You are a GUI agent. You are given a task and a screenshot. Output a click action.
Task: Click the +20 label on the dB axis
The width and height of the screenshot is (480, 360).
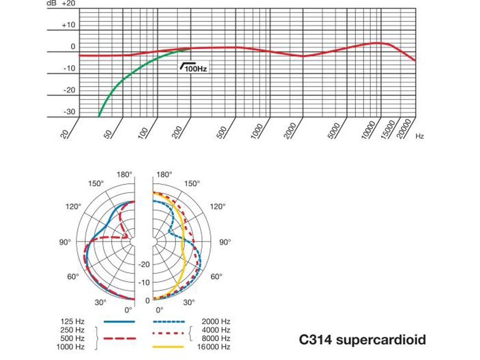(x=68, y=4)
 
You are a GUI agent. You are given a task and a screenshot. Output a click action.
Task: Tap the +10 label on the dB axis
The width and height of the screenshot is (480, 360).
(x=68, y=25)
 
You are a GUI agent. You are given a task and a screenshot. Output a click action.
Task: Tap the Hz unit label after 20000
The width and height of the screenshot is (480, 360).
(x=420, y=136)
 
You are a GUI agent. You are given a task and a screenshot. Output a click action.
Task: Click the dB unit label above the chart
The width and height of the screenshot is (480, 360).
(x=51, y=4)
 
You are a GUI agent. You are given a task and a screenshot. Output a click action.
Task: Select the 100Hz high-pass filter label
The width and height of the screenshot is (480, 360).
(x=194, y=68)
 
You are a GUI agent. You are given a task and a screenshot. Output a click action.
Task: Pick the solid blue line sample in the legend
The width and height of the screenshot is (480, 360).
(x=119, y=321)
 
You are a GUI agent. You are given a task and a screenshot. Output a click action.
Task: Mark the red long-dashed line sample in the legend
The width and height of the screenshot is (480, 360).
(x=119, y=338)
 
